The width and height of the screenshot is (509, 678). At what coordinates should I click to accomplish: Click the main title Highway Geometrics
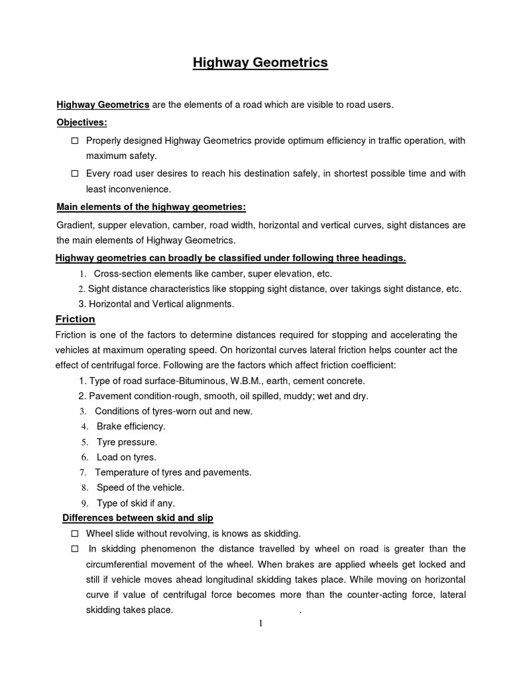(260, 63)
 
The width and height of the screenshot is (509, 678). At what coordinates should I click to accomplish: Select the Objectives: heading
(82, 122)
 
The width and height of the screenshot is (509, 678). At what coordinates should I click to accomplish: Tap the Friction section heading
(75, 319)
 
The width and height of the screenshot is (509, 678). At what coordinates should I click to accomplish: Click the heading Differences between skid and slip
(137, 517)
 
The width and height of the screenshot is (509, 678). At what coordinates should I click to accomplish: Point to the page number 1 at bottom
(261, 624)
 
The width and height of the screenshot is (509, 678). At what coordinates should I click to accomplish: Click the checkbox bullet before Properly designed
(74, 140)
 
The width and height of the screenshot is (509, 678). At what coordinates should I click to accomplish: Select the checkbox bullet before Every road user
(74, 173)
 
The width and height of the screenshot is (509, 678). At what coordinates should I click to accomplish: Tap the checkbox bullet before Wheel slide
(74, 533)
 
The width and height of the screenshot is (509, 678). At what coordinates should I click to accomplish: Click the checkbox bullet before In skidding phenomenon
(74, 549)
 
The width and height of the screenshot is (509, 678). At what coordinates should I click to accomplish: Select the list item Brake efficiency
(131, 426)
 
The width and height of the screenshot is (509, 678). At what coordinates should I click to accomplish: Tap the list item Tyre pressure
(127, 442)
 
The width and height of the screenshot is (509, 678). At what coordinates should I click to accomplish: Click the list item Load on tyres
(127, 457)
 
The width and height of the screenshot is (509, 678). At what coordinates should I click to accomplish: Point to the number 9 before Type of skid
(84, 503)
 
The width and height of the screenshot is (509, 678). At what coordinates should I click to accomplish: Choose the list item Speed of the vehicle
(141, 487)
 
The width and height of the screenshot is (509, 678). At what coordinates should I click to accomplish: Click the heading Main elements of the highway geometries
(151, 207)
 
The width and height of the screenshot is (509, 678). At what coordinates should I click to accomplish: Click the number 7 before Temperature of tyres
(84, 473)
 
